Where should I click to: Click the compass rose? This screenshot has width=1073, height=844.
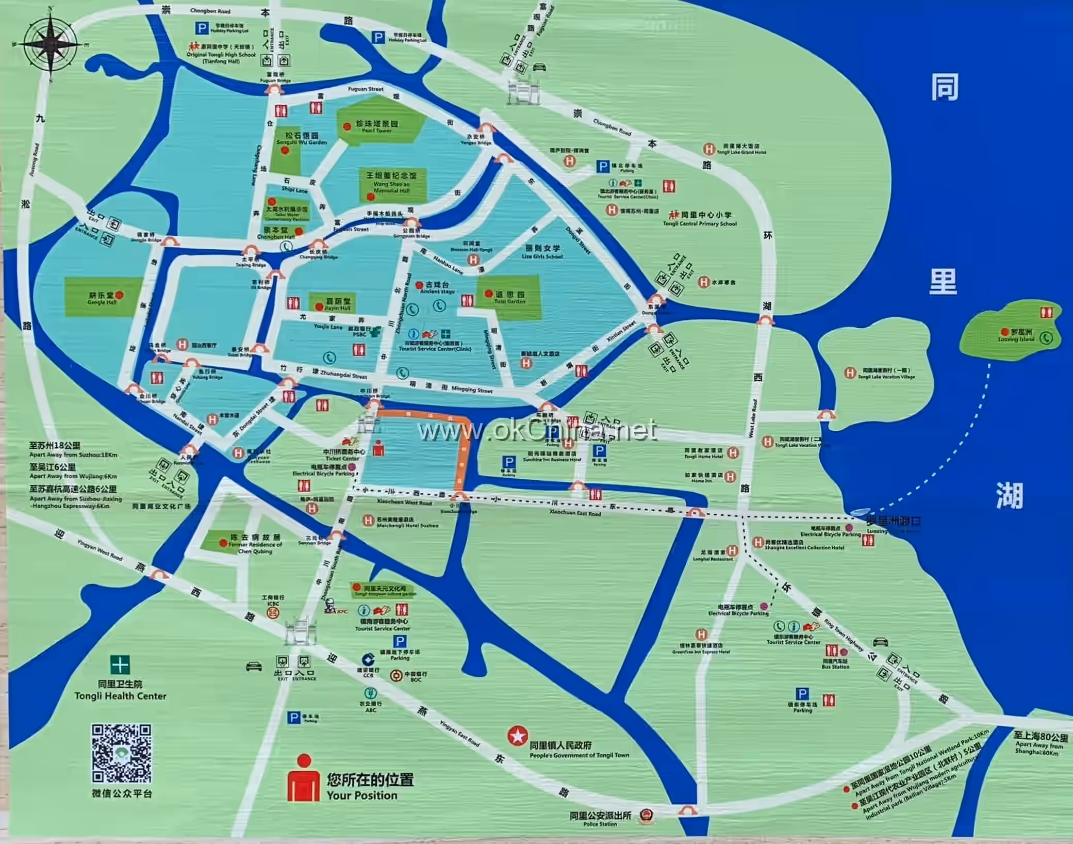pos(51,43)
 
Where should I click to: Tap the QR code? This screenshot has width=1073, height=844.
pos(122,754)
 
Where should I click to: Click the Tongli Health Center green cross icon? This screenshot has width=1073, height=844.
pos(120,665)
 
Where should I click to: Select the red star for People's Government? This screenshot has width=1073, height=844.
pos(517,736)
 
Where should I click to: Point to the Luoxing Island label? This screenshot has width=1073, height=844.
pos(1016,336)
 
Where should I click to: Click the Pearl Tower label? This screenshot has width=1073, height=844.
pos(377,127)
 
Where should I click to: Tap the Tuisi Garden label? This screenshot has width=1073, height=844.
pos(509,298)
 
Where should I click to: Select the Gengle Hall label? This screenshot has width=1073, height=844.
pos(102,299)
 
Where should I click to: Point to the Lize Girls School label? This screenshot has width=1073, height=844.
pos(542,252)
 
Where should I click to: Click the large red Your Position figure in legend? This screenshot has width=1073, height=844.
pos(304,778)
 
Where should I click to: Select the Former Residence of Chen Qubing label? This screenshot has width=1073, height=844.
pos(255,544)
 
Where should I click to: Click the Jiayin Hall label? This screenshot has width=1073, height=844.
pos(338,304)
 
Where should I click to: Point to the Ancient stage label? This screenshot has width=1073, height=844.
pos(437,288)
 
